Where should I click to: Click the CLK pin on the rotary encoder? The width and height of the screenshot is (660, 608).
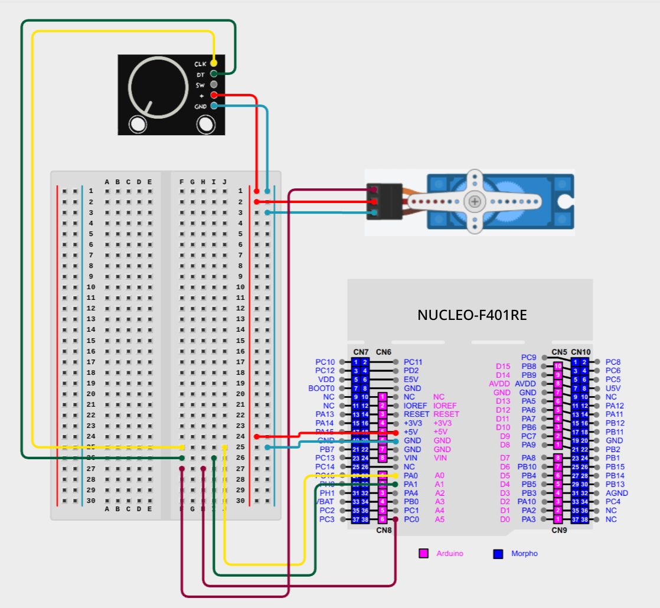214,63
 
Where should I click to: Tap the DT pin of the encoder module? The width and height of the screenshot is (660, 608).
214,74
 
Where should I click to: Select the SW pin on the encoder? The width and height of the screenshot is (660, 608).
214,84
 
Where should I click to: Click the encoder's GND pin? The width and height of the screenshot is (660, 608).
214,106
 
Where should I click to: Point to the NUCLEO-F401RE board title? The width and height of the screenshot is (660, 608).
472,315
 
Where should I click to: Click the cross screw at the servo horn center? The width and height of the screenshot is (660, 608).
475,201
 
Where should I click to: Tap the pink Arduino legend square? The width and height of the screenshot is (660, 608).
423,554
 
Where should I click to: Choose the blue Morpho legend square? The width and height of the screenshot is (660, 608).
498,554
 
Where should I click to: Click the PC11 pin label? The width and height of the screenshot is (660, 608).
413,362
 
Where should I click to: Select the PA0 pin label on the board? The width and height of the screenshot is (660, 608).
411,475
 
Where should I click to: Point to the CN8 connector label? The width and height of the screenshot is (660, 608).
384,530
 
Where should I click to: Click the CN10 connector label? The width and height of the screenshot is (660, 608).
581,352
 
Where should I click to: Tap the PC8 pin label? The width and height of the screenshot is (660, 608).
613,362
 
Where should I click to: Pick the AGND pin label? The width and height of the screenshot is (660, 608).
617,493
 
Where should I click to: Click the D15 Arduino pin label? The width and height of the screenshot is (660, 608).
503,366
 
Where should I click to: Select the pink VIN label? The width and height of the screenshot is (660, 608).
440,457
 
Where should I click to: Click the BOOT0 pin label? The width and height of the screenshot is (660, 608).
321,388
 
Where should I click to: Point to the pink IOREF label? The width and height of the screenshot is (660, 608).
445,406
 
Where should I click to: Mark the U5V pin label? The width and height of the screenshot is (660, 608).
613,388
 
